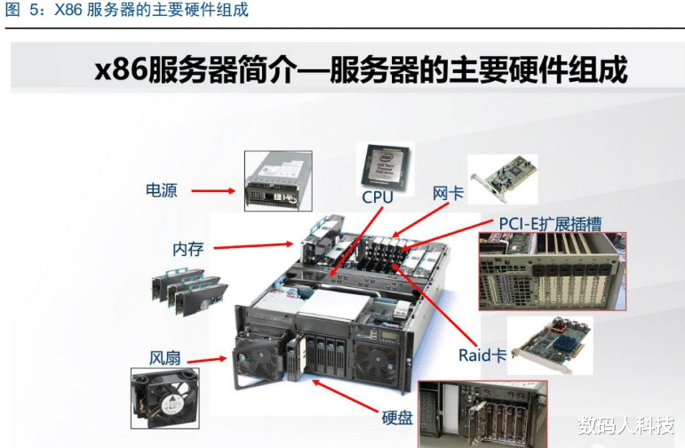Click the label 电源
[162, 189]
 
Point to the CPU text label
[378, 196]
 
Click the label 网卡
[448, 192]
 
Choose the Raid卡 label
[482, 355]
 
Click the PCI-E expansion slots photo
[552, 270]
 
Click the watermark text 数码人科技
[624, 422]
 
